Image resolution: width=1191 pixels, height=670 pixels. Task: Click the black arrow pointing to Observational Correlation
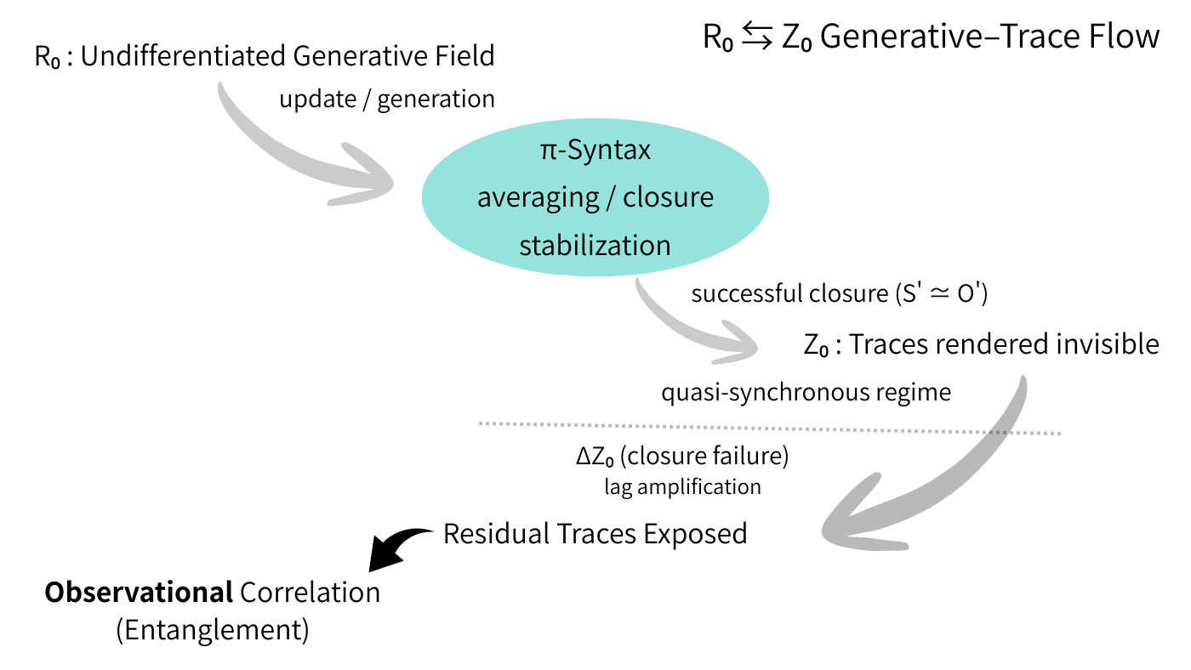(400, 544)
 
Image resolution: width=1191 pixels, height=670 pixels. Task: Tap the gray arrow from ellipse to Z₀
(689, 327)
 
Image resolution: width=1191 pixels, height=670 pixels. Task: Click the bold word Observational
(139, 593)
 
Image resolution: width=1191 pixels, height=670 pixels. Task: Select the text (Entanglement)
(212, 630)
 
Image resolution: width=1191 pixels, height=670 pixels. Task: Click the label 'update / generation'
(387, 99)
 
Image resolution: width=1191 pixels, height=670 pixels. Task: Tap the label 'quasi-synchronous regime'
(806, 392)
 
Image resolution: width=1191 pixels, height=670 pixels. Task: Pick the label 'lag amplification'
(682, 487)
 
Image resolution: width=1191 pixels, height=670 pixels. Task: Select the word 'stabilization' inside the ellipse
(595, 245)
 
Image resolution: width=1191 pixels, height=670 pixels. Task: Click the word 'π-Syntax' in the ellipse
(595, 150)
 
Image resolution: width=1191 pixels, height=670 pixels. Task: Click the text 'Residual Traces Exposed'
(595, 534)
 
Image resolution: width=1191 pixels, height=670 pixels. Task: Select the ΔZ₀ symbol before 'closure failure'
(595, 457)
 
